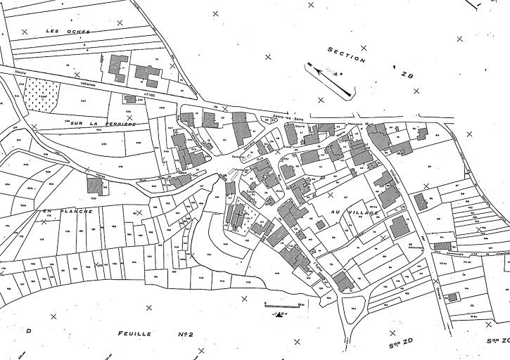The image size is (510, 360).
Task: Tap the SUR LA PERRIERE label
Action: click(x=101, y=123)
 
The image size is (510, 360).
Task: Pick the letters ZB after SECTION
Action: click(x=407, y=75)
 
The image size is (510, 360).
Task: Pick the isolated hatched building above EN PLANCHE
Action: click(x=94, y=184)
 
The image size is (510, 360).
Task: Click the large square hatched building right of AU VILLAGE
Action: click(x=400, y=226)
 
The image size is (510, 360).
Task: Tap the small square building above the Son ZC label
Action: click(x=452, y=297)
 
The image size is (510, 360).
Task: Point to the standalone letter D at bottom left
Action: click(x=29, y=330)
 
